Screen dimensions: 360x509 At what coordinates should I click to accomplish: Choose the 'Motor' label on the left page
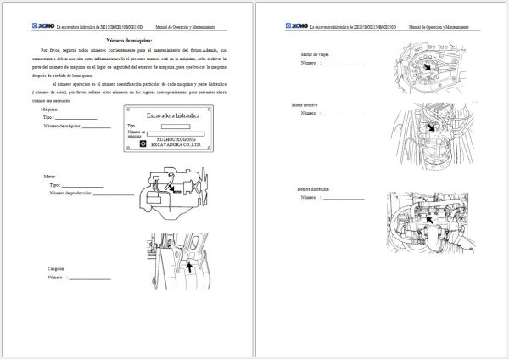click(x=49, y=177)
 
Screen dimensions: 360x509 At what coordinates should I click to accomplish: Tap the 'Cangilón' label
click(x=56, y=268)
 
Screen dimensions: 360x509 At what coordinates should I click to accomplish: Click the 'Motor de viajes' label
click(x=315, y=55)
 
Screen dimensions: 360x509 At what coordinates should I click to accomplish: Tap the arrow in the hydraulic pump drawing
click(x=429, y=218)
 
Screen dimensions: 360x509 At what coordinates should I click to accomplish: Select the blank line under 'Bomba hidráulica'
click(x=344, y=197)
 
